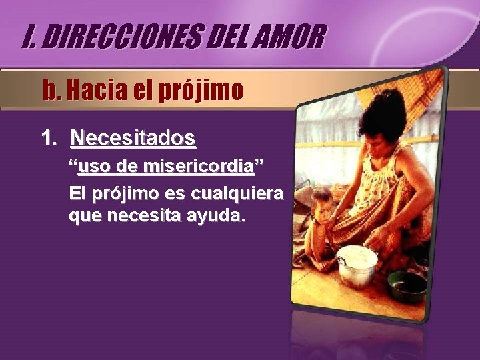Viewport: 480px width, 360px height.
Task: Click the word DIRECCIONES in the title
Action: [127, 37]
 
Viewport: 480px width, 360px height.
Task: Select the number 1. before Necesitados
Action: [49, 138]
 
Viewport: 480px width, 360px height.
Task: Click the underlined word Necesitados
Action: [133, 138]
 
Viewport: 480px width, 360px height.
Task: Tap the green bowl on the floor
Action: [407, 285]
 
